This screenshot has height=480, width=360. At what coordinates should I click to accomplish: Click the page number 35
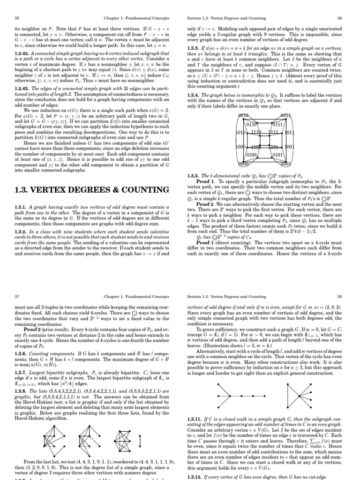click(x=17, y=18)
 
